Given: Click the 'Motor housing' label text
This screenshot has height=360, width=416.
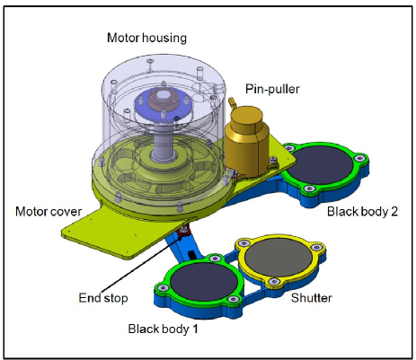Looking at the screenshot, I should click(x=148, y=38).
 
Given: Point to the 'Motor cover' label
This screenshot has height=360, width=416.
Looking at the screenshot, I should click(x=51, y=212).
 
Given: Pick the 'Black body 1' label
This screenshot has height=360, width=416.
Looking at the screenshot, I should click(x=163, y=329).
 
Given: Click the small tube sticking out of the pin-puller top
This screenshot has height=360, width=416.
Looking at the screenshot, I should click(x=230, y=93).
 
